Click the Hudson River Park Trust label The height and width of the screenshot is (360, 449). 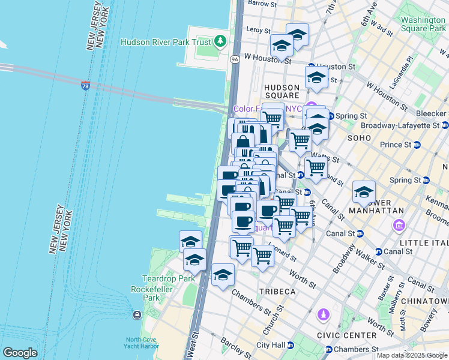(x=166, y=42)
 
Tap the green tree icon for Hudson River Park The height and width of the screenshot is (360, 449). (x=221, y=41)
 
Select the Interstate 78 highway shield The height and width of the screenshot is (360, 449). (x=86, y=86)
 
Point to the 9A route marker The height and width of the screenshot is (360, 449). (x=235, y=59)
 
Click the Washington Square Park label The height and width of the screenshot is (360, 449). (x=423, y=24)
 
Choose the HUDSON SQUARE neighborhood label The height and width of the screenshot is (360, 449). (x=282, y=91)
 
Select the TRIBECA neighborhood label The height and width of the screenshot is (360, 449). (x=277, y=291)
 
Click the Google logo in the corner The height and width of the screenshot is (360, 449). (x=20, y=353)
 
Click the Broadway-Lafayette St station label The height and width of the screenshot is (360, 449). (x=400, y=125)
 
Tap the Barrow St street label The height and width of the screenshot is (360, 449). (x=262, y=4)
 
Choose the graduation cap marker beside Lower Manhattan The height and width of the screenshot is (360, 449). (x=364, y=192)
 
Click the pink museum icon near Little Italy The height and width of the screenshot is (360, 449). (x=398, y=226)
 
